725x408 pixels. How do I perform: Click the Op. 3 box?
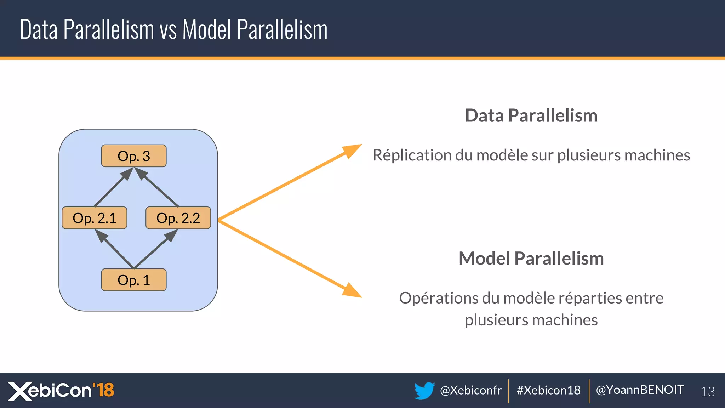tap(133, 156)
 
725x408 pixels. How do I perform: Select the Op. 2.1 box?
tap(94, 218)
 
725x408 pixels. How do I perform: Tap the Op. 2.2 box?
tap(178, 218)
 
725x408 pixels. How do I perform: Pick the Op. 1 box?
tap(133, 280)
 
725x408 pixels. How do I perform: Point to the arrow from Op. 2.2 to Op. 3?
tap(157, 188)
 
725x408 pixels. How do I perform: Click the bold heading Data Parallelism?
tap(531, 115)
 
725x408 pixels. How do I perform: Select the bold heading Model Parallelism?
tap(531, 258)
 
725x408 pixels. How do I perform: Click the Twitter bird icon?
tap(424, 390)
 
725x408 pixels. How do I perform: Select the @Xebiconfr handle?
tap(470, 390)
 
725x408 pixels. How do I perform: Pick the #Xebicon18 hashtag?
tap(548, 390)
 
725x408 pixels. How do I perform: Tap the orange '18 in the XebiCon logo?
tap(103, 390)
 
